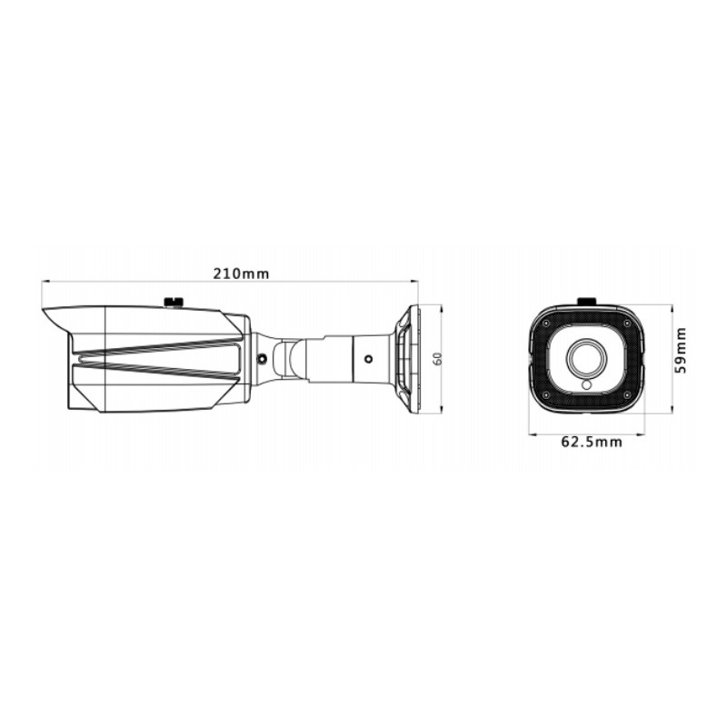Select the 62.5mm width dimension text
591,443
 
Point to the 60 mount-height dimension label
437,359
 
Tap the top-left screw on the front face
545,323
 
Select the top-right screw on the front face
627,323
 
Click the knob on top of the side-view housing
173,300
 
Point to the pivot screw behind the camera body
262,358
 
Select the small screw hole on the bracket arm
368,358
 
